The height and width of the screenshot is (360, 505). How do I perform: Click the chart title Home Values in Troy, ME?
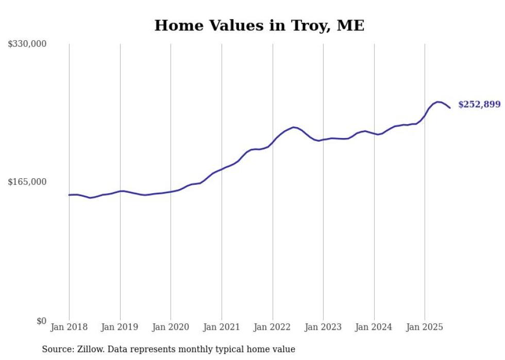click(x=259, y=25)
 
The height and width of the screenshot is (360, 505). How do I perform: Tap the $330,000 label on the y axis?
click(x=27, y=44)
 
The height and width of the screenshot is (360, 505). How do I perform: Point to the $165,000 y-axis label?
click(x=27, y=182)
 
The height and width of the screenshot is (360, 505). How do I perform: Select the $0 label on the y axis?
click(x=41, y=321)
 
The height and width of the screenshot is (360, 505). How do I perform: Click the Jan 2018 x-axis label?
click(x=69, y=327)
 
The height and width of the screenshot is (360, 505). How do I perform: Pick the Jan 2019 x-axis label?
click(x=120, y=327)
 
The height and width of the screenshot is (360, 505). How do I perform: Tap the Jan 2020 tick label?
click(x=171, y=327)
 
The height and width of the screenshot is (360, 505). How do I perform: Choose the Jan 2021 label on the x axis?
click(x=222, y=327)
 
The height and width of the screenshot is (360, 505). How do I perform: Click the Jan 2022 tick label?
click(x=273, y=327)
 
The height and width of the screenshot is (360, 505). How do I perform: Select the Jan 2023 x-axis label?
click(x=323, y=327)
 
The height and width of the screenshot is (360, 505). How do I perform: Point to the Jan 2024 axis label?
click(x=374, y=327)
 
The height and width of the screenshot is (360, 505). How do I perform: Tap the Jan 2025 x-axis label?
click(x=425, y=327)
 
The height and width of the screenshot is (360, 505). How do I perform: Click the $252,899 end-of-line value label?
click(x=479, y=105)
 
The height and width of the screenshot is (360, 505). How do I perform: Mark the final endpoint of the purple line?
click(x=450, y=108)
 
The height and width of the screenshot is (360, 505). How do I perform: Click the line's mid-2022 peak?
click(x=293, y=127)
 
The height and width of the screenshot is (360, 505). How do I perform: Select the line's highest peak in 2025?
click(x=437, y=102)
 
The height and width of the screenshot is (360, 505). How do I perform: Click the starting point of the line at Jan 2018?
click(x=69, y=195)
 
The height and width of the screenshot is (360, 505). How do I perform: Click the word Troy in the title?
click(x=307, y=25)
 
